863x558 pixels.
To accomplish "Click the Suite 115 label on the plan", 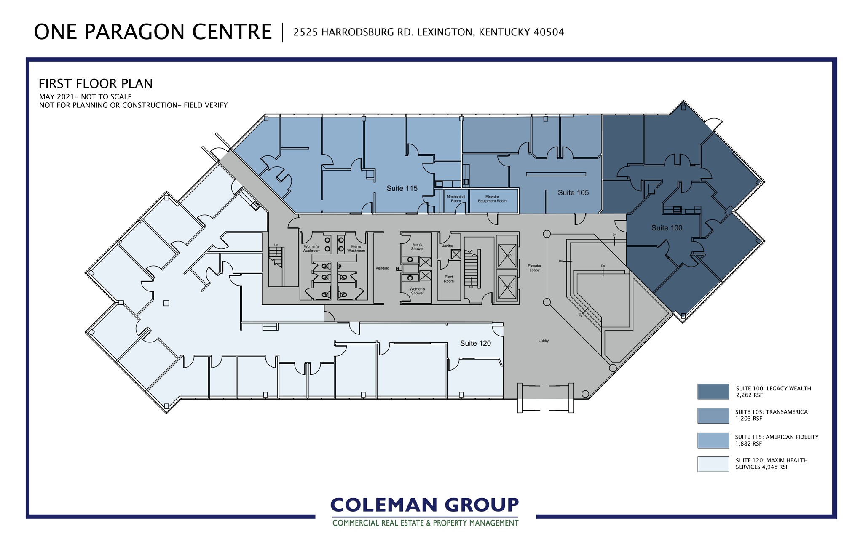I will click(402, 189).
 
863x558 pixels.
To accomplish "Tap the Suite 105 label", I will click(573, 193).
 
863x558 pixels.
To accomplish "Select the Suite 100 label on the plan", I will click(667, 228).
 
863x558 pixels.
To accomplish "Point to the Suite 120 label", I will click(475, 344).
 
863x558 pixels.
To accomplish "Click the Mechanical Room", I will click(456, 199).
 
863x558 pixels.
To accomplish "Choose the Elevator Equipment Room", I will click(492, 199).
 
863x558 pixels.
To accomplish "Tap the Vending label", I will click(382, 268).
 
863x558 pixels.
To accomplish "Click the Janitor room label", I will click(448, 246).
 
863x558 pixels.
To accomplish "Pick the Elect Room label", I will click(449, 279).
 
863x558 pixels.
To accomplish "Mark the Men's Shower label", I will click(417, 247).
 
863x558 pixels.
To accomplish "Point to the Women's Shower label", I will click(417, 291).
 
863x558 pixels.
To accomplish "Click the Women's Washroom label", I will click(311, 248).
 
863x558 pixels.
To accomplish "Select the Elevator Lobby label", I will click(534, 268).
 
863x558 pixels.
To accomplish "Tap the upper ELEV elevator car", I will click(507, 255).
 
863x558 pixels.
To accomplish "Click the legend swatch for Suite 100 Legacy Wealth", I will click(713, 392).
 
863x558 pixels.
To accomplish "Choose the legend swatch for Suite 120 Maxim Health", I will click(713, 464).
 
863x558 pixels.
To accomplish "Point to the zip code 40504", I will click(549, 32).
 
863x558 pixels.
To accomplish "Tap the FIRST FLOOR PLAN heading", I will click(96, 84).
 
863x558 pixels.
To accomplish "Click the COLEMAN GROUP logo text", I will click(425, 505).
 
